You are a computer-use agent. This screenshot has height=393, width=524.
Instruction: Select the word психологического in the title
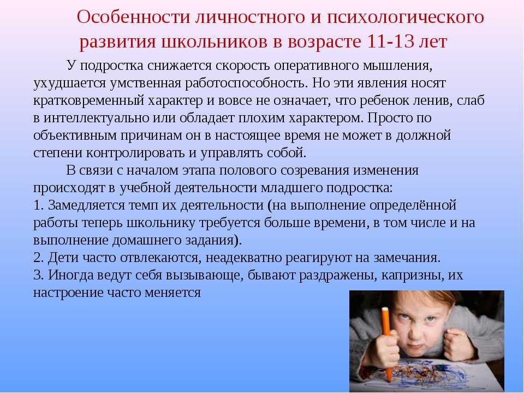(x=406, y=17)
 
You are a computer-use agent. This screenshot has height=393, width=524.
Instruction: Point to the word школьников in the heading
(x=214, y=41)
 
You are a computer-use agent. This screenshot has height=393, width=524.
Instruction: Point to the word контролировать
(x=135, y=153)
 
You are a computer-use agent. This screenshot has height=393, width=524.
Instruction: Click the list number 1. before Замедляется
(x=39, y=205)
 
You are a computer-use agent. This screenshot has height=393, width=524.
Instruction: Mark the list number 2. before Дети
(x=39, y=258)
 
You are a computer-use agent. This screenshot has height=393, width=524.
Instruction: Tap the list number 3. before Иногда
(x=39, y=275)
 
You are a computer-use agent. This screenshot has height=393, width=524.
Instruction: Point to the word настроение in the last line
(x=69, y=293)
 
